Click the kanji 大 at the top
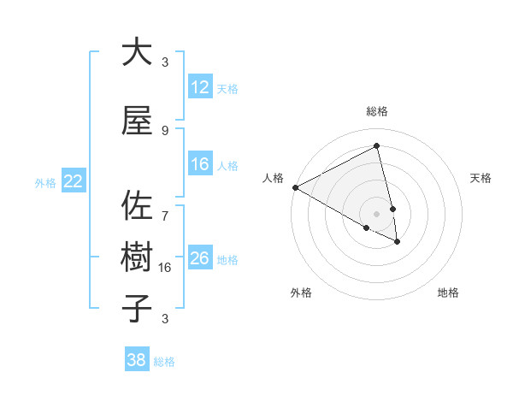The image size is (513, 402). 137,52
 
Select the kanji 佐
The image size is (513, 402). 137,206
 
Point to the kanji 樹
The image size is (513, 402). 137,257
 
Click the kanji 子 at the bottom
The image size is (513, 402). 137,309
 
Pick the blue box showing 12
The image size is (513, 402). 200,88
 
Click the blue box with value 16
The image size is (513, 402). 200,165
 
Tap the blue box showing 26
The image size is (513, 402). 200,259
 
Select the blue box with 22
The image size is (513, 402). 74,181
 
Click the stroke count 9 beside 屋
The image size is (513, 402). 165,130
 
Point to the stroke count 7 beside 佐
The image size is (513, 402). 165,207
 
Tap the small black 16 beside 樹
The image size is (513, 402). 165,267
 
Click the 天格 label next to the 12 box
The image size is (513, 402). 227,89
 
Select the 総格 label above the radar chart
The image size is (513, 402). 377,111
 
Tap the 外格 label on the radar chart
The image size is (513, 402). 301,293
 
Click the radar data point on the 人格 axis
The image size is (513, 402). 295,187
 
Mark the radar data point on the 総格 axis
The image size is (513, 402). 377,146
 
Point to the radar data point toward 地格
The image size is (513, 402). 398,242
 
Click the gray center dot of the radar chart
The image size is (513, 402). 377,213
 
